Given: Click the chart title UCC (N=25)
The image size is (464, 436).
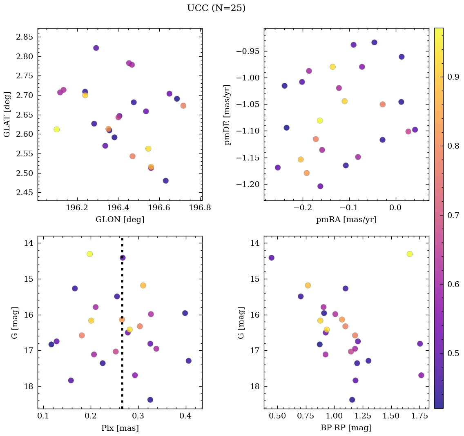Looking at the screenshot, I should [216, 8].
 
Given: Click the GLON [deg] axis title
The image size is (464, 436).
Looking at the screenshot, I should [120, 220].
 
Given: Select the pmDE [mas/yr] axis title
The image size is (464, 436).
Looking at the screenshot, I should [228, 114].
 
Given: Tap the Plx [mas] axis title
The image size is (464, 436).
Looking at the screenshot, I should [120, 428].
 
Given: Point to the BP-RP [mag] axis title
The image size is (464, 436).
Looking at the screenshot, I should [346, 428].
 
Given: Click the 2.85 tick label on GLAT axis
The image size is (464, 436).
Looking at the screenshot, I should [25, 37].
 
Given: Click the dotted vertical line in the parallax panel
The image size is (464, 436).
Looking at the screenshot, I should [122, 367].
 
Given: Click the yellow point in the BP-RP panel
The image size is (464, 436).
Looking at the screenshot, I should [409, 254].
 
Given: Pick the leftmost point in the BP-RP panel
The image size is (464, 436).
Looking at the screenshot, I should [271, 258].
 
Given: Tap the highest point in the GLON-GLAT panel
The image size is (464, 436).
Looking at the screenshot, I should [96, 48].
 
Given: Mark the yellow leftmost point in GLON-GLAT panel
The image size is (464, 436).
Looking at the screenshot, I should [56, 129].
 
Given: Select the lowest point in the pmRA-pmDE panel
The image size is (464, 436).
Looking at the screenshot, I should [320, 186].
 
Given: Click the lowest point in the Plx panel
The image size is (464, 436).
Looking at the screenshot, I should [150, 400].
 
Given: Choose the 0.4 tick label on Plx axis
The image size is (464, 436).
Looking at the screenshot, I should [186, 416].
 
